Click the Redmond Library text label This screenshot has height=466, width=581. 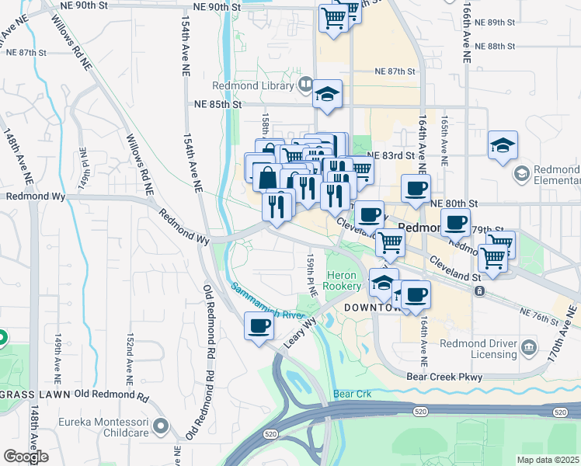[x=256, y=85]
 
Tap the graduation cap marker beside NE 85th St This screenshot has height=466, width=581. [x=327, y=96]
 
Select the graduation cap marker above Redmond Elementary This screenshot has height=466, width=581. [x=503, y=144]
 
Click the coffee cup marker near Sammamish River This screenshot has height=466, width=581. [x=259, y=325]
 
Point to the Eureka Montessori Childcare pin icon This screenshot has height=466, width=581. [x=161, y=426]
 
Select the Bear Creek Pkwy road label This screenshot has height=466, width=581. [x=444, y=377]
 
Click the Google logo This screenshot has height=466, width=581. [x=26, y=456]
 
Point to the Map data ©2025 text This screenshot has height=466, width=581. [x=548, y=460]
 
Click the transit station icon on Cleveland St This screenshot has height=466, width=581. [x=480, y=291]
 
